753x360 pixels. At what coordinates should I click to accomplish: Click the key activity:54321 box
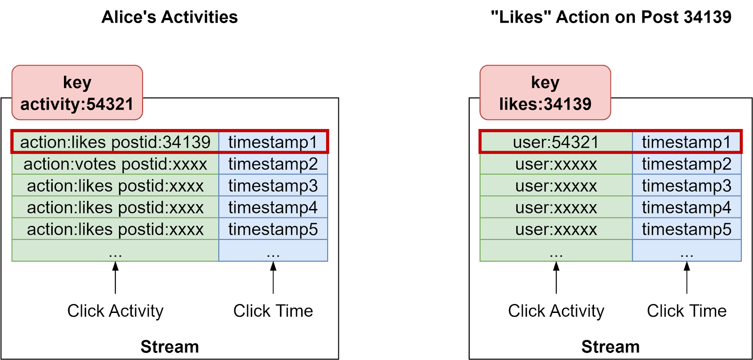tap(77, 93)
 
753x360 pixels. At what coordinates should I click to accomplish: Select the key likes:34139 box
tap(545, 93)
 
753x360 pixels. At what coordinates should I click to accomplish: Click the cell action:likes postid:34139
tap(115, 142)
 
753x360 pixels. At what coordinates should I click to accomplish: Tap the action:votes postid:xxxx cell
tap(115, 164)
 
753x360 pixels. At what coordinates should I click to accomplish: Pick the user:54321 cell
tap(556, 142)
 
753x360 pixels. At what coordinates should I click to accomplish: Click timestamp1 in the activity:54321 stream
tap(273, 142)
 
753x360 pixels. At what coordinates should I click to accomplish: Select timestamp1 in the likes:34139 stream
tap(686, 142)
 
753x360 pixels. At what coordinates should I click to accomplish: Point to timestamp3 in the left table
tap(273, 186)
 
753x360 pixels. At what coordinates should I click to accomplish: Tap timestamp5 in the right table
tap(686, 229)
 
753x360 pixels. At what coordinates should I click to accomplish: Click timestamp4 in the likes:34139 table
tap(686, 208)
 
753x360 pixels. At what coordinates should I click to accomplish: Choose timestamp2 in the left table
tap(273, 164)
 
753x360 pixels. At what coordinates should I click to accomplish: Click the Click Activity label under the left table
tap(115, 311)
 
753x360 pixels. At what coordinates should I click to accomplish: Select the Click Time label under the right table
tap(687, 311)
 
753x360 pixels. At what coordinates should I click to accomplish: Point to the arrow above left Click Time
tap(273, 278)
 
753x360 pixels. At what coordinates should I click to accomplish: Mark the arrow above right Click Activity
tap(556, 278)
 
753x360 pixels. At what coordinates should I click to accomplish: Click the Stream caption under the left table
tap(169, 347)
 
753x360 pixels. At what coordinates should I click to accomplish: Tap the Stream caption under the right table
tap(610, 347)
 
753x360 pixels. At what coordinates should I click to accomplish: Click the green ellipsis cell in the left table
tap(115, 251)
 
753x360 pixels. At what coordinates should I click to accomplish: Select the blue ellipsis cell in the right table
tap(687, 251)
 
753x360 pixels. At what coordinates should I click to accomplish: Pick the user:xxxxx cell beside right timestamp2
tap(556, 164)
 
